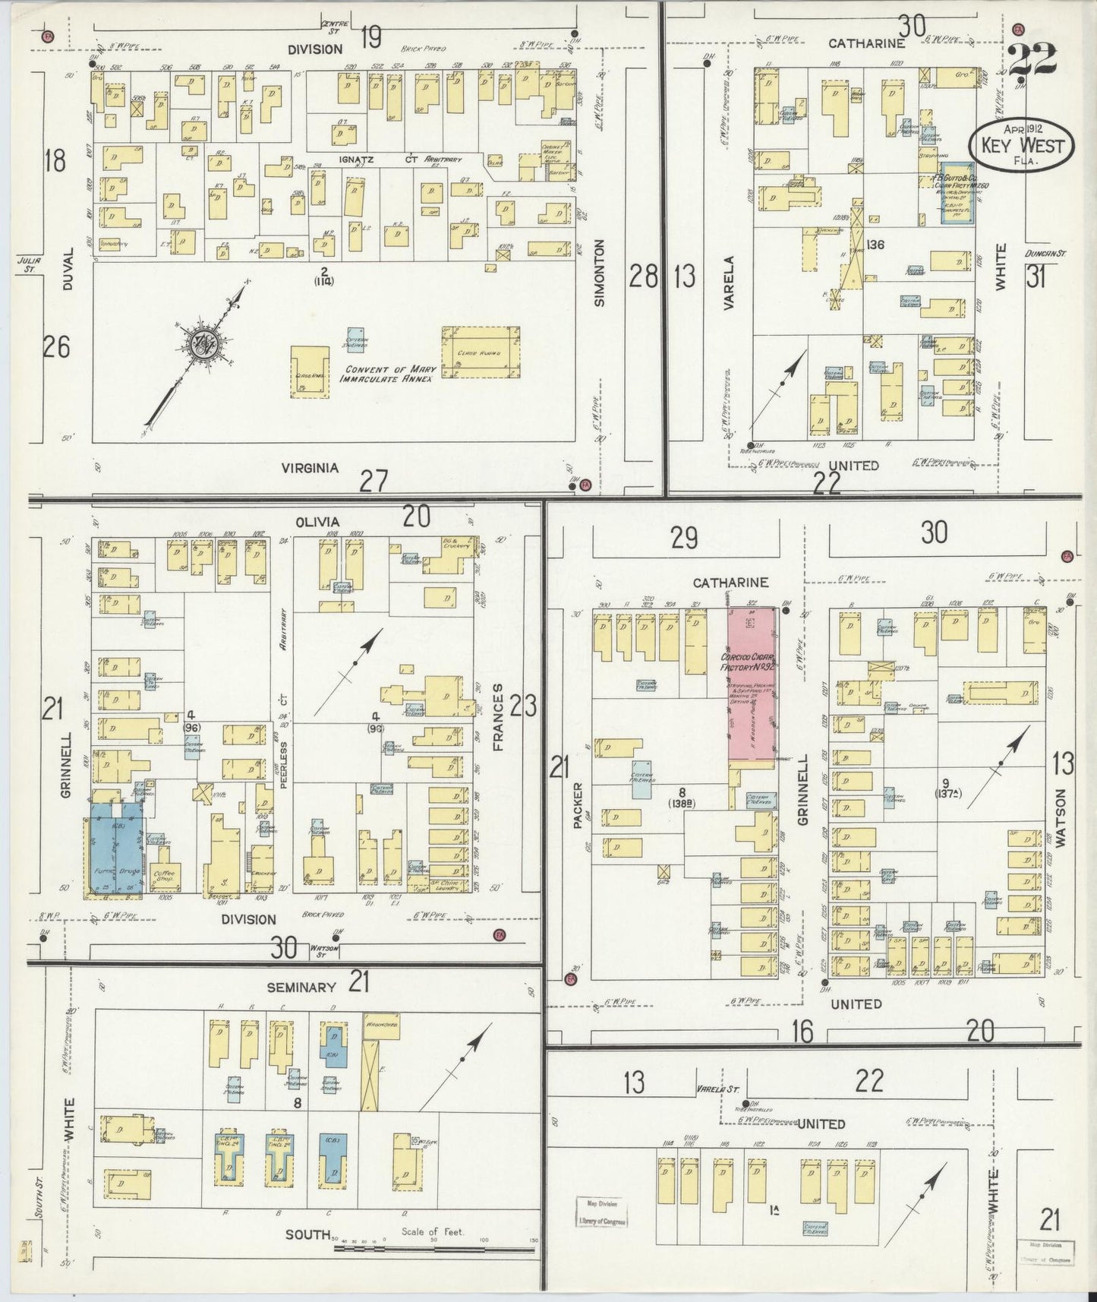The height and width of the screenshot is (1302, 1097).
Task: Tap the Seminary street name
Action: coord(301,987)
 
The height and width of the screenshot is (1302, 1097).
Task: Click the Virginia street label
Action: coord(309,468)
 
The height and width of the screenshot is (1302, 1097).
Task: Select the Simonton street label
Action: coord(600,272)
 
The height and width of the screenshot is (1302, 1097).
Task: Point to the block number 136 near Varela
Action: coord(875,245)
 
